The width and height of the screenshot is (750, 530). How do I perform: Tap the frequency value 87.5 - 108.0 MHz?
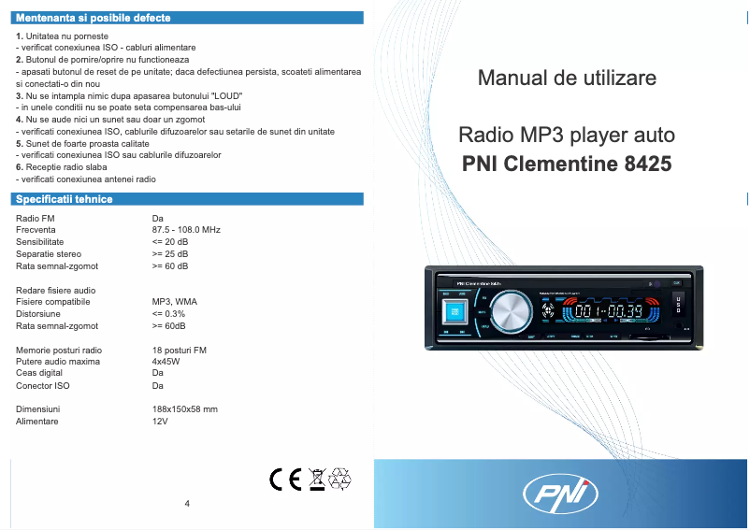pyautogui.click(x=186, y=230)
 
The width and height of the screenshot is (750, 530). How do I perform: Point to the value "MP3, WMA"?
pyautogui.click(x=174, y=303)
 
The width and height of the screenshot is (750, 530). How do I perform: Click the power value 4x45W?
pyautogui.click(x=166, y=361)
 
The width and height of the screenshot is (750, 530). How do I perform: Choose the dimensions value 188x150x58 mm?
pyautogui.click(x=184, y=409)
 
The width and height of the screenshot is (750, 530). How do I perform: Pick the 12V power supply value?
pyautogui.click(x=160, y=422)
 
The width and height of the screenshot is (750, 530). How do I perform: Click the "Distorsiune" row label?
pyautogui.click(x=38, y=315)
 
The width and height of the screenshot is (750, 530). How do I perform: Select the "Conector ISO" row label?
pyautogui.click(x=43, y=385)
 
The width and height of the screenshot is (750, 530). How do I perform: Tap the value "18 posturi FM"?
pyautogui.click(x=180, y=350)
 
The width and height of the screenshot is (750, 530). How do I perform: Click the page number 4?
pyautogui.click(x=187, y=504)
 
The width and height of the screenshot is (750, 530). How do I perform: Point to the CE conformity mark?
pyautogui.click(x=284, y=479)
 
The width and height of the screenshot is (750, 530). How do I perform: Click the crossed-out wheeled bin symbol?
pyautogui.click(x=317, y=479)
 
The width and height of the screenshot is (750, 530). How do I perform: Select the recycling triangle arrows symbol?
pyautogui.click(x=339, y=479)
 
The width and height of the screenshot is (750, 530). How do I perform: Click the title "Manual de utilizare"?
pyautogui.click(x=567, y=78)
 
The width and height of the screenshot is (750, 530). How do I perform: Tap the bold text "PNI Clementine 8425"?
pyautogui.click(x=567, y=164)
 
